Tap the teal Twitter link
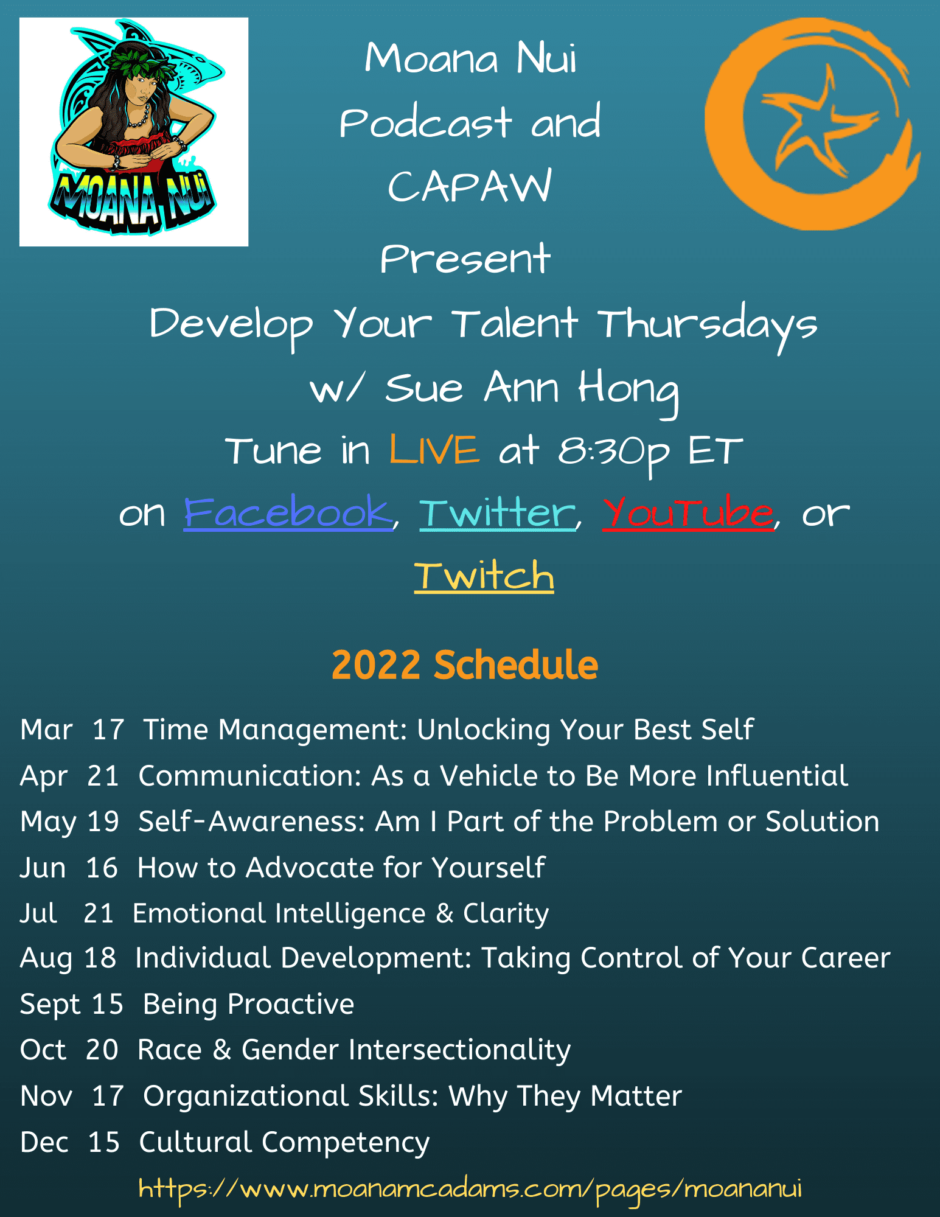pyautogui.click(x=497, y=512)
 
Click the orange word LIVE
pyautogui.click(x=434, y=450)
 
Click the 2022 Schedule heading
pyautogui.click(x=465, y=664)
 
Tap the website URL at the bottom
pyautogui.click(x=470, y=1189)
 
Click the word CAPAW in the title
pyautogui.click(x=470, y=186)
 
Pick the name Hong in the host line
pyautogui.click(x=628, y=389)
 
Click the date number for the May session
pyautogui.click(x=103, y=821)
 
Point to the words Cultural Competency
pyautogui.click(x=284, y=1143)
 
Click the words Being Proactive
pyautogui.click(x=248, y=1005)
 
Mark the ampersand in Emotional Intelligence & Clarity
pyautogui.click(x=445, y=913)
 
